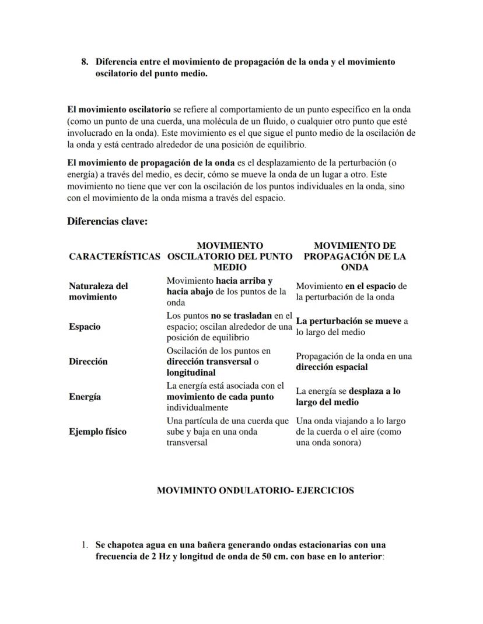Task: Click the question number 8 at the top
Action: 85,62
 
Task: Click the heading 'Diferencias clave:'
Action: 107,221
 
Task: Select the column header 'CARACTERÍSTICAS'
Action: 114,256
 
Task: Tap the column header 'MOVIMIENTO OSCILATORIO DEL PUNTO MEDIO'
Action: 230,256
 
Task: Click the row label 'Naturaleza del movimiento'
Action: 98,291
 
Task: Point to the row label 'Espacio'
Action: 85,327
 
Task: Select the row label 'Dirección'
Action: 88,361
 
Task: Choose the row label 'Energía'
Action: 85,397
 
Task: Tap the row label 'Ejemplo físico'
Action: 97,432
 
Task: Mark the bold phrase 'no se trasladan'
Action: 242,315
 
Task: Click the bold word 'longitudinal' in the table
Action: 191,372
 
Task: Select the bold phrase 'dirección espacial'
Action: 331,367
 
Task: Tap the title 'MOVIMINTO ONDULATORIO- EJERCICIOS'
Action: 255,491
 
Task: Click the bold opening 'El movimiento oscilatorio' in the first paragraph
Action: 119,110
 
